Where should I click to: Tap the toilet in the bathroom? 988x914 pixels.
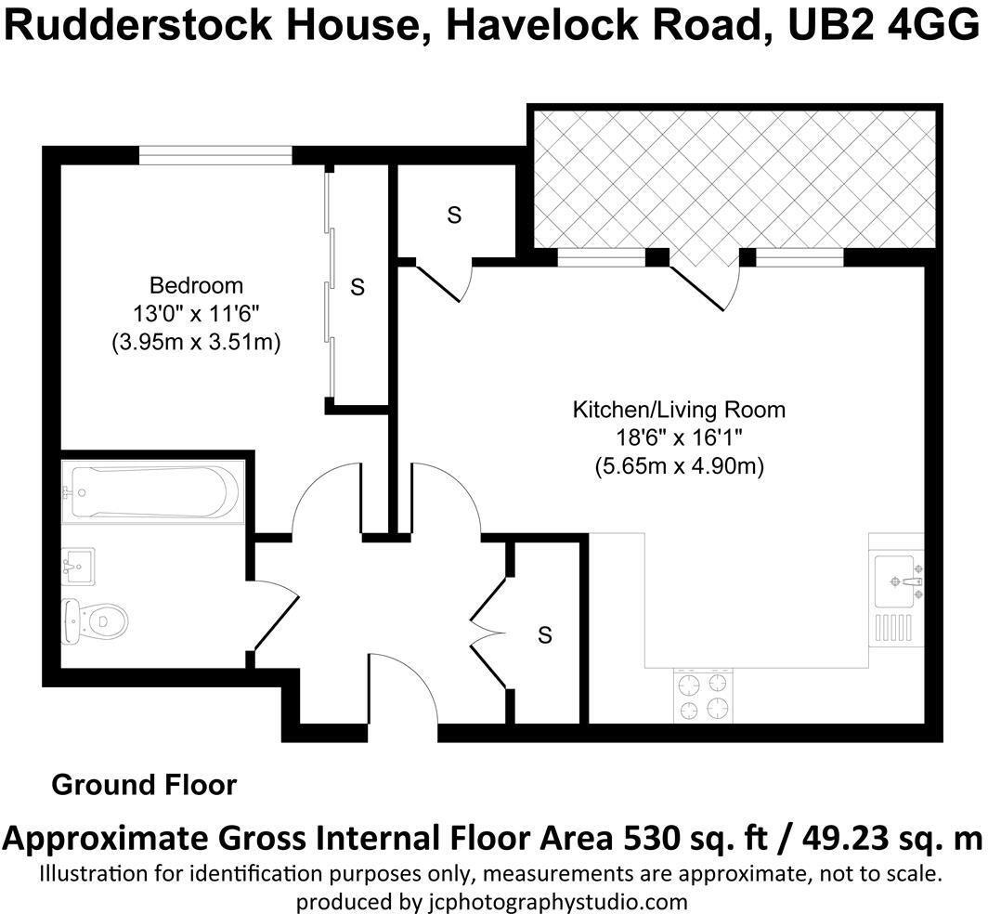tap(96, 620)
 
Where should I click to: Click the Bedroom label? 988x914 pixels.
tap(196, 285)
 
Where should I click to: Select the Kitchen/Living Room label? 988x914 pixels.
tap(679, 409)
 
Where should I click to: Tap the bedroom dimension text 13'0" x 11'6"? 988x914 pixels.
tap(196, 314)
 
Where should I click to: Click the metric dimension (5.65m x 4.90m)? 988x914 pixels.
tap(679, 467)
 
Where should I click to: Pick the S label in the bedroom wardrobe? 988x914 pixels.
tap(357, 288)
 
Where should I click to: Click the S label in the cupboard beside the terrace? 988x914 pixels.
tap(454, 215)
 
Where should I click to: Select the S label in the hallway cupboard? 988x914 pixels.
tap(545, 635)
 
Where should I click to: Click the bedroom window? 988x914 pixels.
tap(215, 155)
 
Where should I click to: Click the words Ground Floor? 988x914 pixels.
tap(144, 785)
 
